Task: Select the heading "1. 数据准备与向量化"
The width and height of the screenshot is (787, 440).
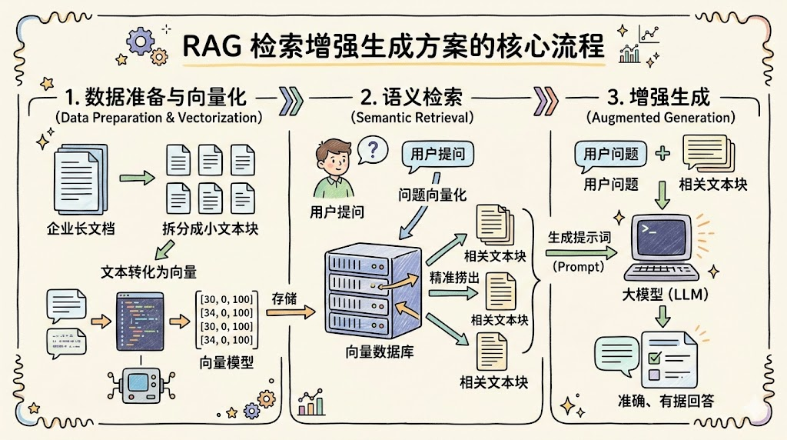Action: click(x=156, y=98)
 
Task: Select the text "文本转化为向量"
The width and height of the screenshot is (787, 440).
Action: click(x=149, y=272)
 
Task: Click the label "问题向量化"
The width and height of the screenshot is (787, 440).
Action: click(x=431, y=194)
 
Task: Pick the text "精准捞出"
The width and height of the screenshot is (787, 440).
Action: click(x=450, y=276)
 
